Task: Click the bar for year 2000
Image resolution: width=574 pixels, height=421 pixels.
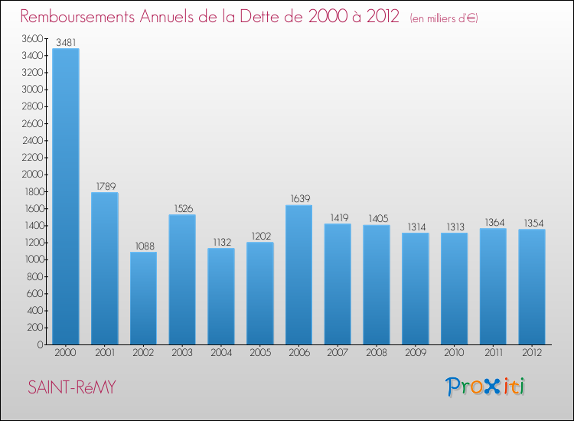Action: coord(65,196)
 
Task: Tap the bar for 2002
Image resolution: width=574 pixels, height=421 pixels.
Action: coord(143,298)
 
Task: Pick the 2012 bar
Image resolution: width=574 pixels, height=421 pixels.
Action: coord(532,286)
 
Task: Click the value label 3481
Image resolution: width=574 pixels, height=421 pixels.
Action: coord(65,43)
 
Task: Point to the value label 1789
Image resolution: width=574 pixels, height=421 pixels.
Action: coord(104,186)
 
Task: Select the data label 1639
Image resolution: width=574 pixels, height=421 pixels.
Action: coord(298,199)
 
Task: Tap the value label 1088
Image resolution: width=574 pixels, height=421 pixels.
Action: coord(143,246)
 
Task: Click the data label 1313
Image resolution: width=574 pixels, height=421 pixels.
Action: coord(454,227)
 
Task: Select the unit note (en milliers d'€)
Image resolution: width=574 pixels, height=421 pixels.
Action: coord(444,18)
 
